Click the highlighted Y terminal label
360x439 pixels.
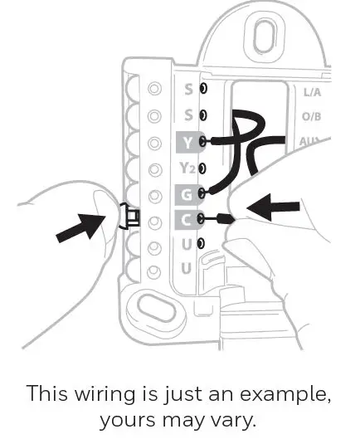(188, 143)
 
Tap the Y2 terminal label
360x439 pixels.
(187, 168)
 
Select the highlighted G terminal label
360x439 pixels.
(187, 195)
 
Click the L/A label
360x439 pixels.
(313, 92)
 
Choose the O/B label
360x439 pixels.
(311, 116)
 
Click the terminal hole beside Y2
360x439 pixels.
(202, 168)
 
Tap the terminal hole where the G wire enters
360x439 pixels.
(202, 193)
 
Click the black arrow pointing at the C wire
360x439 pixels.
(273, 207)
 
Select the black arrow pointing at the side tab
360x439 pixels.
(80, 227)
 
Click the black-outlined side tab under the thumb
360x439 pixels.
(129, 216)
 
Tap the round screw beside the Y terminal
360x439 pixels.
(154, 143)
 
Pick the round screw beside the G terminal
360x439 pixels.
(155, 196)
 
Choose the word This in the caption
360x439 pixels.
(47, 393)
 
